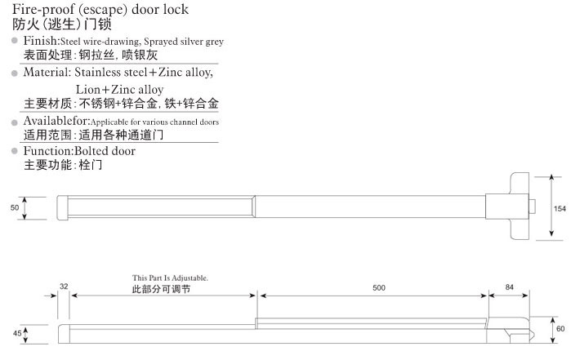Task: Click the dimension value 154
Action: (560, 208)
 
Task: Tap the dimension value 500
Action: (379, 287)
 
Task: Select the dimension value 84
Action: (510, 287)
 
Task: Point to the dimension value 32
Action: (64, 286)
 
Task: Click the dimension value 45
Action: (17, 333)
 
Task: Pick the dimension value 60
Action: (560, 328)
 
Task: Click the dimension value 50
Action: (15, 207)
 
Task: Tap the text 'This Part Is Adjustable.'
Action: (170, 278)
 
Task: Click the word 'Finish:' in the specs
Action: (42, 41)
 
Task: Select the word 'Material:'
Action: (47, 72)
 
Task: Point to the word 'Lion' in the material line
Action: (87, 90)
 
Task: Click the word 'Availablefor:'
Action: (56, 121)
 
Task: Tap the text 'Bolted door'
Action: (105, 151)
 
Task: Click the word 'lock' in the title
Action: (176, 9)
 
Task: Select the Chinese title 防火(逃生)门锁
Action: (62, 24)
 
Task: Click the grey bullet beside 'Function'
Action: (15, 151)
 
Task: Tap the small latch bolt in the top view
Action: (532, 207)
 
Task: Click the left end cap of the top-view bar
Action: (63, 207)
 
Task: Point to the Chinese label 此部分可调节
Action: (161, 289)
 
